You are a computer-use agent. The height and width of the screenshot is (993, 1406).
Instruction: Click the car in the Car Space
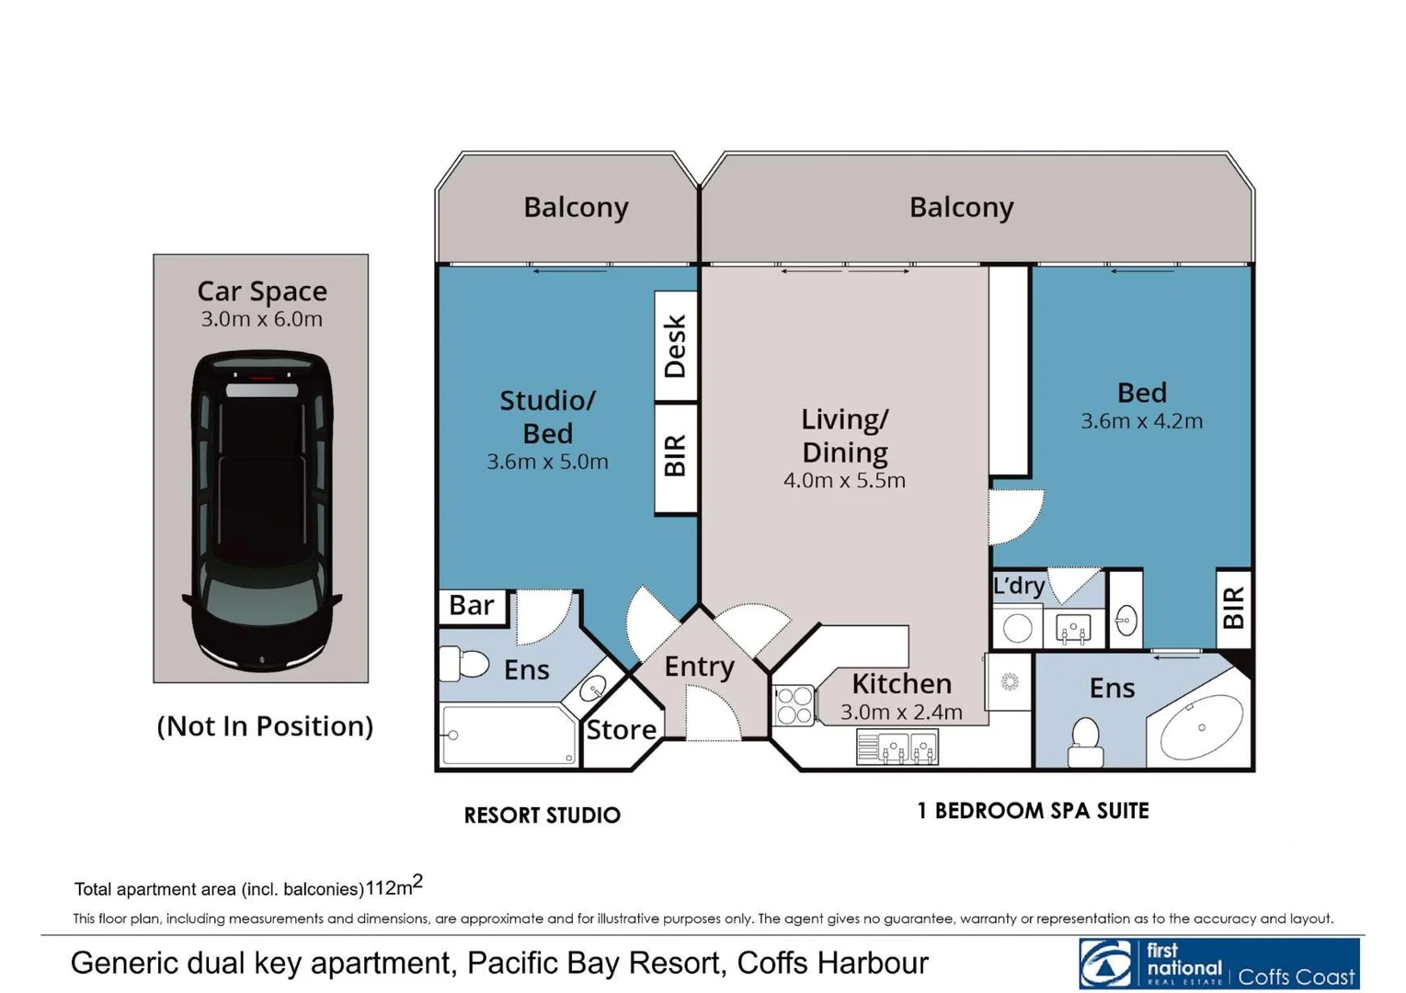[x=261, y=510]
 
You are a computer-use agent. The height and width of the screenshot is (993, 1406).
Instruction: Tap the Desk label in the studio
[x=675, y=346]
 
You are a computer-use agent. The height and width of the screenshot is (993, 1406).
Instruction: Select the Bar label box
[x=472, y=606]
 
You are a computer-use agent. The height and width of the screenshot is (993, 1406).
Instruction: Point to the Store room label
[x=622, y=730]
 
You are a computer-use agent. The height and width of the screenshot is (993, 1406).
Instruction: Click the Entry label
[x=699, y=667]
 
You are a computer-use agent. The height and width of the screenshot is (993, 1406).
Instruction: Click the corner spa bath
[x=1201, y=726]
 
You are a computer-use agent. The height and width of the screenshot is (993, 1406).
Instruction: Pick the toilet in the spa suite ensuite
[x=1086, y=740]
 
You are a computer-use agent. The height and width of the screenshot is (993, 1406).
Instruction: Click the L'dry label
[x=1019, y=586]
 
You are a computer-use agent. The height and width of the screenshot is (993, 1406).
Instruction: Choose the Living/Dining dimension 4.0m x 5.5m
[x=844, y=481]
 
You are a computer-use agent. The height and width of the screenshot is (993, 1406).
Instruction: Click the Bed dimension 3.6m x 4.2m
[x=1141, y=421]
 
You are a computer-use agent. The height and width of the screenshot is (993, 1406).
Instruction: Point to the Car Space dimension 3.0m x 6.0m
[x=261, y=319]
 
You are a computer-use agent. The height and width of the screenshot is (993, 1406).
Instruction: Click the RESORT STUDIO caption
[x=542, y=816]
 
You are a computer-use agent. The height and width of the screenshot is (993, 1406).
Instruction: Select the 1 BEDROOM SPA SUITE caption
[x=1033, y=811]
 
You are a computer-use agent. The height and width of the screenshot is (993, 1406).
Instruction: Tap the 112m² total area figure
[x=394, y=886]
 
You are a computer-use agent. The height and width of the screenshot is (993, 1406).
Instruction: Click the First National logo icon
[x=1106, y=964]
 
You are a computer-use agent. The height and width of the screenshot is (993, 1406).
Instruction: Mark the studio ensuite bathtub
[x=509, y=735]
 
